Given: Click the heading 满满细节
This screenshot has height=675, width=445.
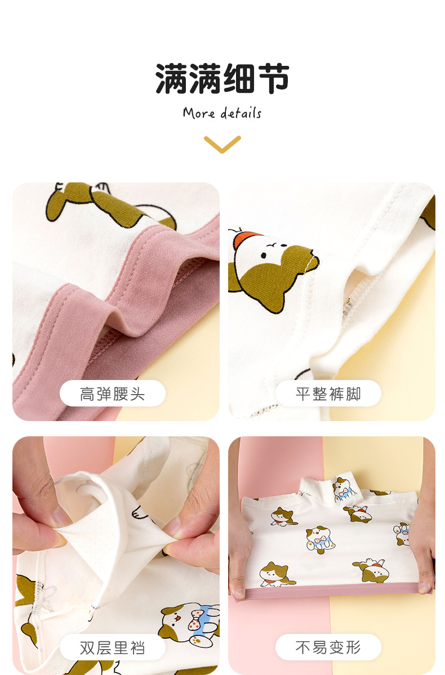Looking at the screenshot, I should [222, 78].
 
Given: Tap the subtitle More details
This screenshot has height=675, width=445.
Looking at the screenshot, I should [222, 113].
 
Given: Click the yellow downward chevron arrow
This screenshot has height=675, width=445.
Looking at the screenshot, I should [222, 144].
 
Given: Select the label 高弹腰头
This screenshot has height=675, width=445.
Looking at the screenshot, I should [113, 394].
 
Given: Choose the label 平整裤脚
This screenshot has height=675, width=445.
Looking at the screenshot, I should [328, 394].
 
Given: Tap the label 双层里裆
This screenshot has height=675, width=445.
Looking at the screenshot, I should [113, 647].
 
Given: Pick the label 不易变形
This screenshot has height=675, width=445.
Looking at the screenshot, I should [328, 647].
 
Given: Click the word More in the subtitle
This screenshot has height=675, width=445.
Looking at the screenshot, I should [199, 113].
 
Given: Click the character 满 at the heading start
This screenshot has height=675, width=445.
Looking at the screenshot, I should [172, 78].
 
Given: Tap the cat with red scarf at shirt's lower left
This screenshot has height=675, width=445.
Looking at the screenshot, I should [274, 573].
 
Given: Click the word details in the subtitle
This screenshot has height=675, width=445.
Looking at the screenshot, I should [241, 113].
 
